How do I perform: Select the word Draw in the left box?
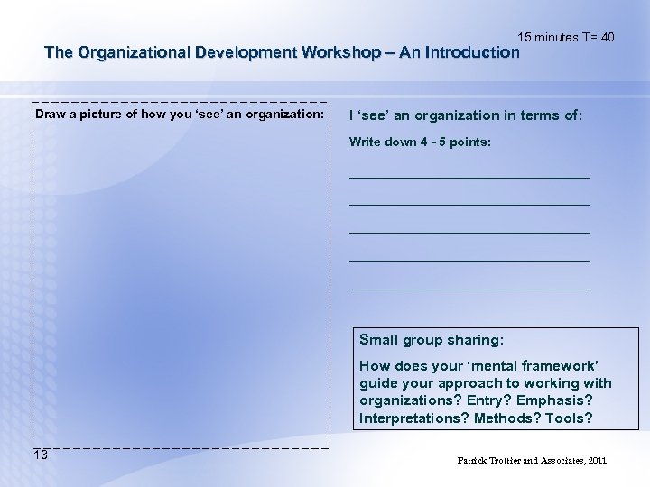(50, 115)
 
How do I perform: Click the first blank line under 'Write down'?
(469, 176)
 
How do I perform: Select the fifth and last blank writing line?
(469, 288)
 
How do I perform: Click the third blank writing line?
(469, 232)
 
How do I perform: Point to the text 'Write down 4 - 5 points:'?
(421, 142)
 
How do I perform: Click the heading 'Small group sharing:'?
(432, 340)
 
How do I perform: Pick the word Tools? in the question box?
(570, 418)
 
